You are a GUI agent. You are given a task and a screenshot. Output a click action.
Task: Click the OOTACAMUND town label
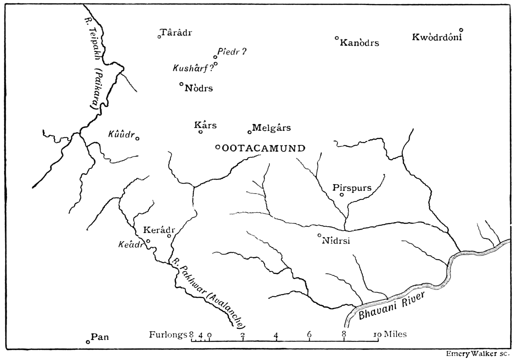[x=264, y=148]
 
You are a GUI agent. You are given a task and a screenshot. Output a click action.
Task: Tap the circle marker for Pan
[x=88, y=342]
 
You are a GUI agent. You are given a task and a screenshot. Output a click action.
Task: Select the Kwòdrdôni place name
[x=437, y=37]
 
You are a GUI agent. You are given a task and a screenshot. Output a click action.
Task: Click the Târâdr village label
[x=177, y=33]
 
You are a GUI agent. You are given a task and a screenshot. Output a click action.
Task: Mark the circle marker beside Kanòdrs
[x=337, y=38]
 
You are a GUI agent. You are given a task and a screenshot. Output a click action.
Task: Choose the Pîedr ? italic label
[x=232, y=52]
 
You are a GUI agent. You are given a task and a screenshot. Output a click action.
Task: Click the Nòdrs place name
[x=199, y=88]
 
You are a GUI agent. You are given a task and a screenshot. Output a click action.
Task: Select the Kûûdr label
[x=121, y=135]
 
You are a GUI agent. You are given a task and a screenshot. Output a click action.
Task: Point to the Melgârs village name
[x=271, y=127]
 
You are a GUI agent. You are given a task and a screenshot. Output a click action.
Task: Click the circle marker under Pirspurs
[x=342, y=195]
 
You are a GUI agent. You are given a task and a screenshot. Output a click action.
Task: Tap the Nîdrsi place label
[x=336, y=240]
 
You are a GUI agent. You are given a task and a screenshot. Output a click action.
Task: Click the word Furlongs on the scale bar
[x=168, y=335]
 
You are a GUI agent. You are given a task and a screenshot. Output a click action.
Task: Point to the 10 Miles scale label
[x=390, y=334]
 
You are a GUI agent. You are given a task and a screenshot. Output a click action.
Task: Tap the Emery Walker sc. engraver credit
[x=477, y=354]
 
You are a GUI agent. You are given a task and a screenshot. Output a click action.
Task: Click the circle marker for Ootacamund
[x=217, y=147]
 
